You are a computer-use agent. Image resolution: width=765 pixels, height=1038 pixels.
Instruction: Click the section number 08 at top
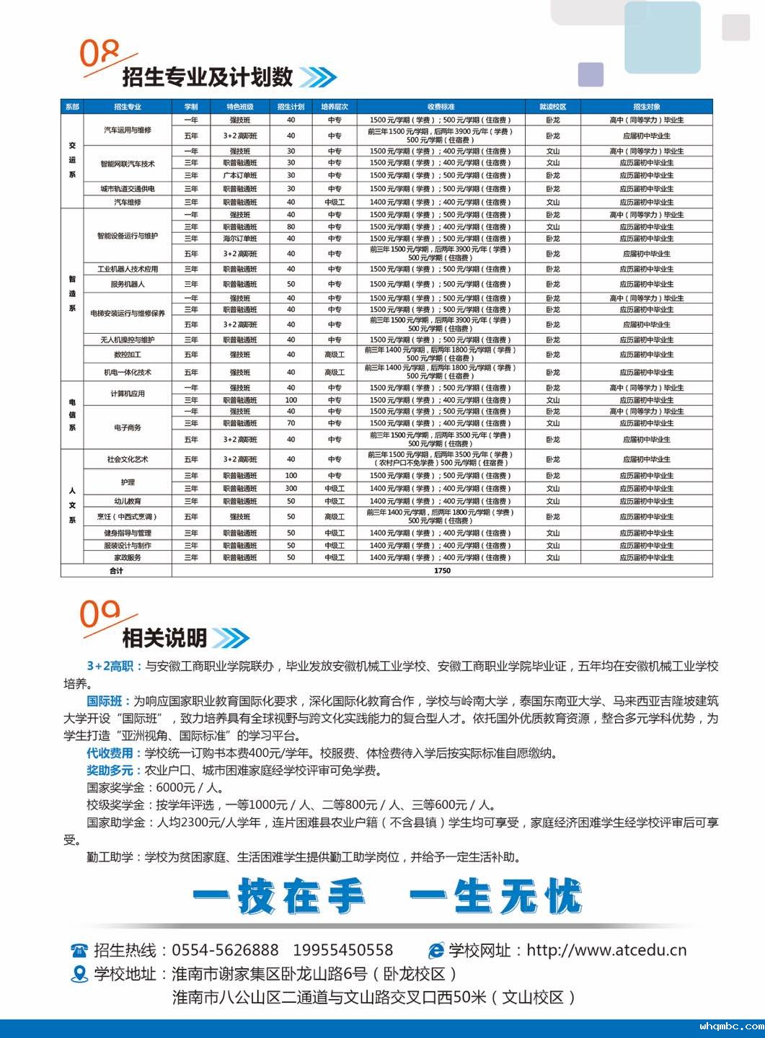click(100, 53)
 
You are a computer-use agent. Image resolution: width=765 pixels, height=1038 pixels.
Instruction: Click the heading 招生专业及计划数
click(208, 77)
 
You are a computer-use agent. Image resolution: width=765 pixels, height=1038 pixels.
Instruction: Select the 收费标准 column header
click(441, 107)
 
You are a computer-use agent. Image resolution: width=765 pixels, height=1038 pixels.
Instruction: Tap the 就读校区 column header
click(552, 107)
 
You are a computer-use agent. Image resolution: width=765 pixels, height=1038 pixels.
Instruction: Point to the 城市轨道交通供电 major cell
click(128, 189)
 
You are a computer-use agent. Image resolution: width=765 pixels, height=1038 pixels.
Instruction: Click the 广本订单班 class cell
click(239, 176)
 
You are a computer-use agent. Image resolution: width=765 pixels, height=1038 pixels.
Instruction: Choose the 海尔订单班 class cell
click(239, 239)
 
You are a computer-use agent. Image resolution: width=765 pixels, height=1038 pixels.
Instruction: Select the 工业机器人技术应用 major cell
click(128, 269)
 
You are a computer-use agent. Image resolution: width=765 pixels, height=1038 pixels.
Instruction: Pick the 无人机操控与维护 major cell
click(128, 340)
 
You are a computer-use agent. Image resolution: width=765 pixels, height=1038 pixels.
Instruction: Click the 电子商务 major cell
click(128, 427)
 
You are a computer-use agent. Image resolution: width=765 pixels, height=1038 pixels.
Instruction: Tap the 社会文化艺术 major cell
click(128, 459)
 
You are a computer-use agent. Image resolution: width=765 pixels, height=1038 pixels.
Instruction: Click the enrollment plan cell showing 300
click(291, 489)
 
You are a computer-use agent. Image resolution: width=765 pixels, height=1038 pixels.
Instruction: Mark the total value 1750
click(442, 571)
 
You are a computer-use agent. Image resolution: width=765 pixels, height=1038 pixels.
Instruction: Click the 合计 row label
click(116, 571)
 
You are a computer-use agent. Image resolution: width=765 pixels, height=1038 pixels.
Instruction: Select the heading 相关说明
click(164, 638)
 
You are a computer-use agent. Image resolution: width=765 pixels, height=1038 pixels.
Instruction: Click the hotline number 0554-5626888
click(225, 950)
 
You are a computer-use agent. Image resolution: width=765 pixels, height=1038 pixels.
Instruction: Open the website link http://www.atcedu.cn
click(606, 950)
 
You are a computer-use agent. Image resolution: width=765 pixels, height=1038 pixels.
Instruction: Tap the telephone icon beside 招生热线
click(79, 951)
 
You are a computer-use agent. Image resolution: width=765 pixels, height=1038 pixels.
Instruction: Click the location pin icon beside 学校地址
click(79, 975)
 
